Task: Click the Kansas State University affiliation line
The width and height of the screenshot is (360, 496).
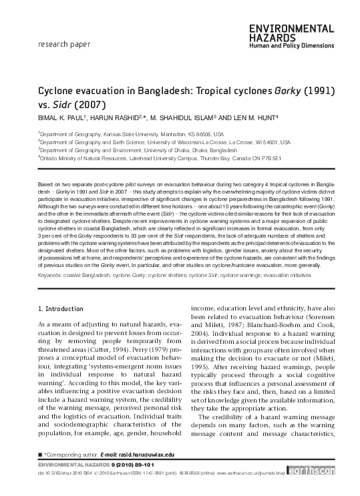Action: pyautogui.click(x=131, y=134)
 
